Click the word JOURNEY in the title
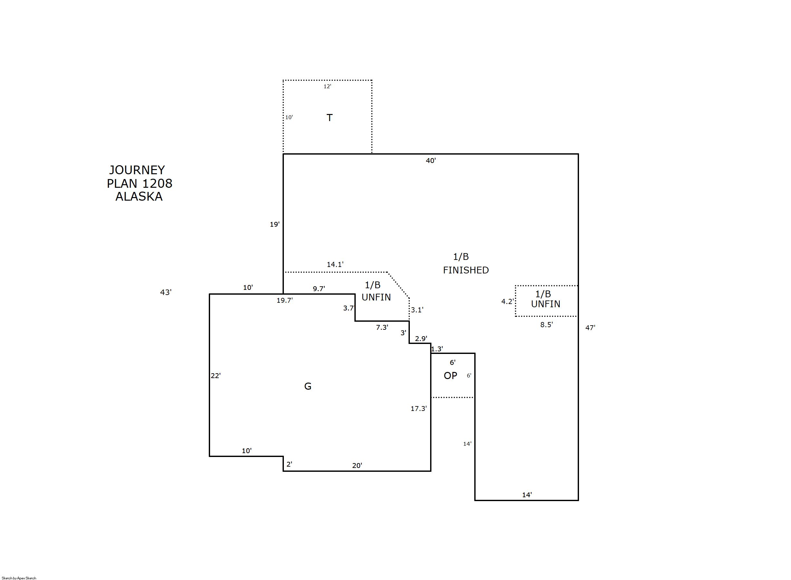coord(137,170)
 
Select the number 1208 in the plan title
coord(157,184)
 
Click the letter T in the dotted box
coord(330,118)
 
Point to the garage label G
coord(308,386)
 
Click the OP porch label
coord(450,376)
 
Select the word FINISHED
coord(466,270)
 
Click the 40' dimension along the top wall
coord(431,160)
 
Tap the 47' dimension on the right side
coord(590,328)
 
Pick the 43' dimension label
coord(166,292)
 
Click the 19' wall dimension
coord(275,224)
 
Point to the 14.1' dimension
coord(335,264)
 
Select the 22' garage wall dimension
coord(216,376)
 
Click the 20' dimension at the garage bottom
coord(357,466)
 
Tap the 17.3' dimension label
coord(419,408)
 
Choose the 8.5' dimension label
coord(546,325)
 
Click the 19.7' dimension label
coord(285,300)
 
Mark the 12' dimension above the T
coord(327,86)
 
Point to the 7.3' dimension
coord(382,327)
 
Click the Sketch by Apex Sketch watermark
coord(19,578)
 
